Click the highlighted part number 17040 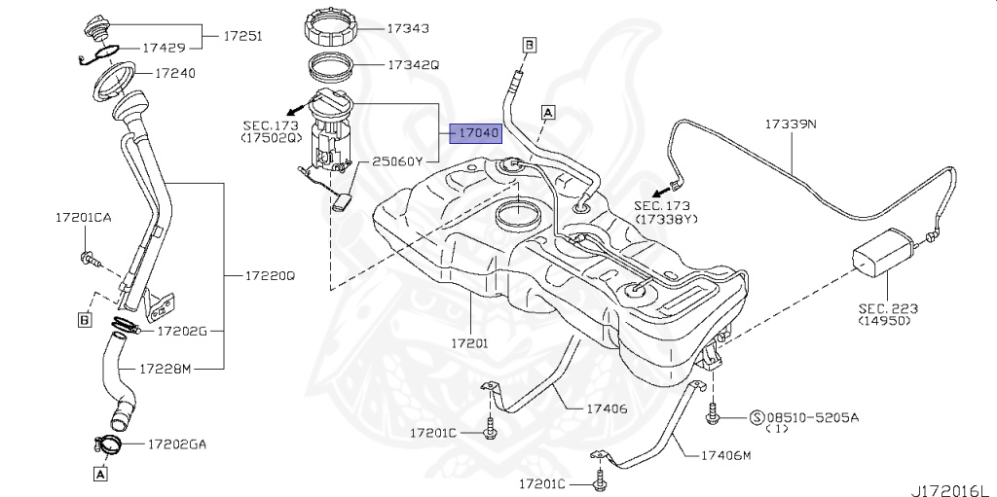pos(475,132)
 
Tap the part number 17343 pos(409,29)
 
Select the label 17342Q pos(414,65)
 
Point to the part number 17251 pos(245,35)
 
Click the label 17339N pos(791,124)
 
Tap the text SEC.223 pos(888,308)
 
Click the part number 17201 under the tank pos(469,343)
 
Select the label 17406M pos(725,454)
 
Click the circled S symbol pos(756,417)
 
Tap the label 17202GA pos(177,444)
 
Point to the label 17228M pos(167,369)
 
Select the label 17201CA pos(83,218)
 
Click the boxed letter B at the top pos(530,45)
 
